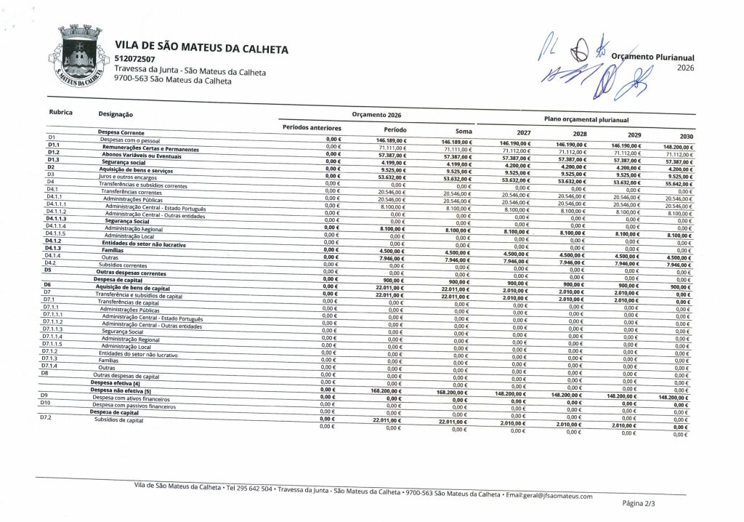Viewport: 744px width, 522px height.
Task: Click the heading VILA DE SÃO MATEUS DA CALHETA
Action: (x=201, y=49)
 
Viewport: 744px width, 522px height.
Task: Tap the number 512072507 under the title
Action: (x=135, y=60)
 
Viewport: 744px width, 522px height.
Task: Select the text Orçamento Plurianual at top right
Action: (x=653, y=57)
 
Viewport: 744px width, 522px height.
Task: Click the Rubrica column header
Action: (x=60, y=113)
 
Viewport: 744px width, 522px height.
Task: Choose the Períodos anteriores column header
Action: (x=312, y=128)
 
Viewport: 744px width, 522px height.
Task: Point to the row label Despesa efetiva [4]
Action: (x=115, y=382)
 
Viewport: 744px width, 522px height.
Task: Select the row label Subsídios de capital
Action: (x=119, y=420)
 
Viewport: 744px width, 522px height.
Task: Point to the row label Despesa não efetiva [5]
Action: (x=121, y=390)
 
